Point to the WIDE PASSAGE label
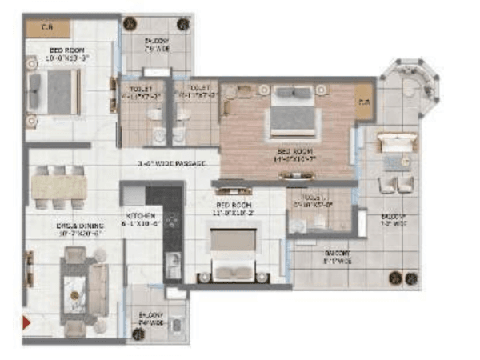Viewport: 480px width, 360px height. coord(172,164)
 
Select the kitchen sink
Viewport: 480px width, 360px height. coord(174,263)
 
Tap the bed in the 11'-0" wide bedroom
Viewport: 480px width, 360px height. coord(233,252)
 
